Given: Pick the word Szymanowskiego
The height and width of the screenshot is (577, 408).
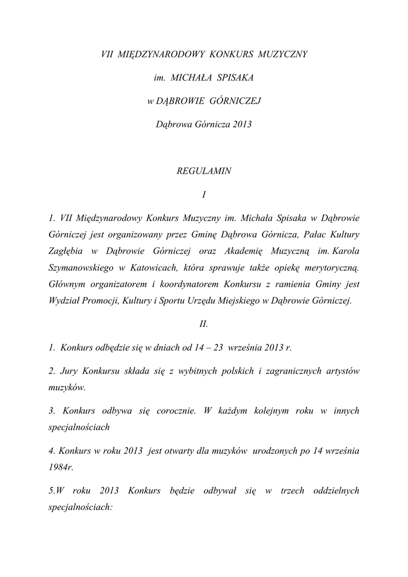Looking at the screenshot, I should point(81,265).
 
